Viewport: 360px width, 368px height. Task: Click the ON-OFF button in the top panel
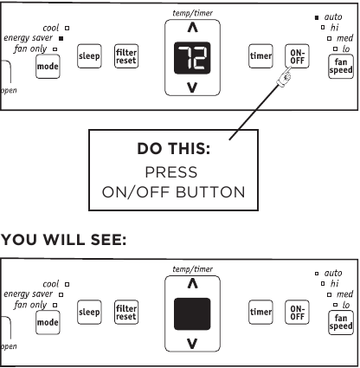297,56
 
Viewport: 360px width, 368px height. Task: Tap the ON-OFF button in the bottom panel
297,313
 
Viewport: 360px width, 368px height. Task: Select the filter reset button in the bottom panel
126,313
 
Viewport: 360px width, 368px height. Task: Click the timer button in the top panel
260,56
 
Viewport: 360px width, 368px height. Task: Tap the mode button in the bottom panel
48,322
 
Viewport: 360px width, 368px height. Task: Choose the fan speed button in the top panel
341,67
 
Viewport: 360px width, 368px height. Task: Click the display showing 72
192,58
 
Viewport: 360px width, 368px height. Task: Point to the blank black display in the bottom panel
192,314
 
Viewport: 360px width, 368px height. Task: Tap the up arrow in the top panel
193,28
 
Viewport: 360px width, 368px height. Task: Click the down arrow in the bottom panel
192,344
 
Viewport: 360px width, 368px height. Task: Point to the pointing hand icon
284,76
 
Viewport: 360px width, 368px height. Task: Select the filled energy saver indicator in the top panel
61,38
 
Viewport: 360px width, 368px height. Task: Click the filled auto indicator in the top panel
317,17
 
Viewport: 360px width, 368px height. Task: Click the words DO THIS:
174,149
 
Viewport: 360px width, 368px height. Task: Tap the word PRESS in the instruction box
171,172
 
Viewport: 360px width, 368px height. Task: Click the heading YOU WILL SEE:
64,240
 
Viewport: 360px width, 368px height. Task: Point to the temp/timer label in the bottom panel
192,269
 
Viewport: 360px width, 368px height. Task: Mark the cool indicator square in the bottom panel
67,284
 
